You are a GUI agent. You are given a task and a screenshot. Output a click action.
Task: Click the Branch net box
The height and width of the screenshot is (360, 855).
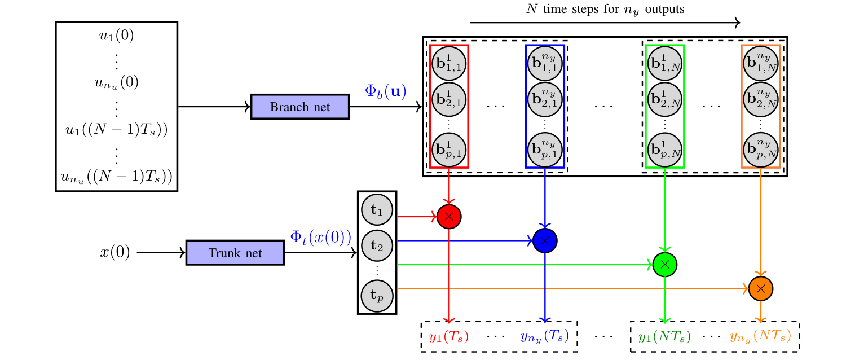[300, 107]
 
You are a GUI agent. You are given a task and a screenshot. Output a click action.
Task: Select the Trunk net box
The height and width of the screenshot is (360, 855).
[235, 253]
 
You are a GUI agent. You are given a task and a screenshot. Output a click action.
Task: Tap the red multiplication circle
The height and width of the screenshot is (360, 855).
[449, 216]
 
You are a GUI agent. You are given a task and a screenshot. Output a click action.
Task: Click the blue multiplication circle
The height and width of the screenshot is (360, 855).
[545, 240]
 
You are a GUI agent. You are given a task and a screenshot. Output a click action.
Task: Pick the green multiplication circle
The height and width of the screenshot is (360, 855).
[665, 264]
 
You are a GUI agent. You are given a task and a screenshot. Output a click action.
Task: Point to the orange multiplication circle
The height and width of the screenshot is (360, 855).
[761, 288]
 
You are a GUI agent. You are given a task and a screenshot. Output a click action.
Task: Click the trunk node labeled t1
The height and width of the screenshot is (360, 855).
[377, 210]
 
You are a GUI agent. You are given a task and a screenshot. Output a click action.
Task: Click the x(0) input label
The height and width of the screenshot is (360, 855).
[115, 253]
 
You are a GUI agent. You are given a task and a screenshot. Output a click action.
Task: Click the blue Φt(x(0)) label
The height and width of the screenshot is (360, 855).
[320, 237]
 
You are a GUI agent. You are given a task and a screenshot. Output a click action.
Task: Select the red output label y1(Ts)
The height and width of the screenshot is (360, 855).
[449, 337]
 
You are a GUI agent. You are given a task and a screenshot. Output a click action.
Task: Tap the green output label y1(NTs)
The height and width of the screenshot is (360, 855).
[664, 337]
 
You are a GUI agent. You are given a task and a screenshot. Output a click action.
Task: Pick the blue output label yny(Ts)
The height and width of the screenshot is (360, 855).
[544, 337]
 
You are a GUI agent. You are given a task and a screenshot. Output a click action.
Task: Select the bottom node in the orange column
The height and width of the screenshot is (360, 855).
[760, 149]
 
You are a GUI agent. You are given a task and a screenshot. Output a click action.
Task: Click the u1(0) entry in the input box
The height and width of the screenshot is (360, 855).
[116, 37]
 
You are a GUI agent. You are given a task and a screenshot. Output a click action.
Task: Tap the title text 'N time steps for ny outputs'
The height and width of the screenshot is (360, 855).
[605, 9]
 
